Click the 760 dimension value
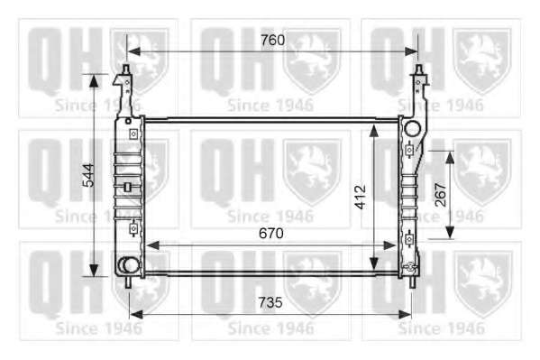[x=272, y=41]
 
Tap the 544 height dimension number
[x=89, y=175]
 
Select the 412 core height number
[x=361, y=197]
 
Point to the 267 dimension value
[x=441, y=195]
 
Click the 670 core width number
[x=271, y=234]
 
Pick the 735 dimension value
[x=270, y=302]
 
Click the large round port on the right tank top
[x=412, y=129]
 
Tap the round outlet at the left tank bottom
[x=129, y=265]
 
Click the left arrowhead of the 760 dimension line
[x=134, y=51]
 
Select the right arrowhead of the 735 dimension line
[x=404, y=314]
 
